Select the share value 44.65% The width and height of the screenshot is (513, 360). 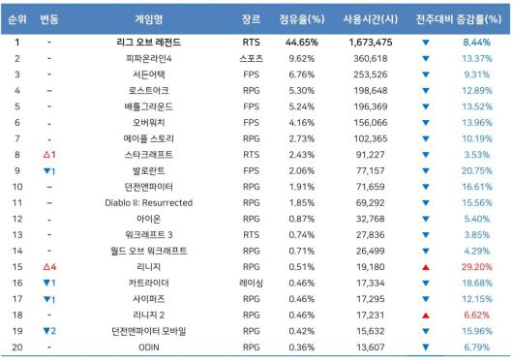pos(301,44)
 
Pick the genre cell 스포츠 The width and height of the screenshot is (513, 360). pos(251,59)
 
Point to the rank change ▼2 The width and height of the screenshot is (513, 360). pos(50,330)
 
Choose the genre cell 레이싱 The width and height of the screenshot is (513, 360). pos(251,282)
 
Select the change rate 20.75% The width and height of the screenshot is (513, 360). pos(475,170)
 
